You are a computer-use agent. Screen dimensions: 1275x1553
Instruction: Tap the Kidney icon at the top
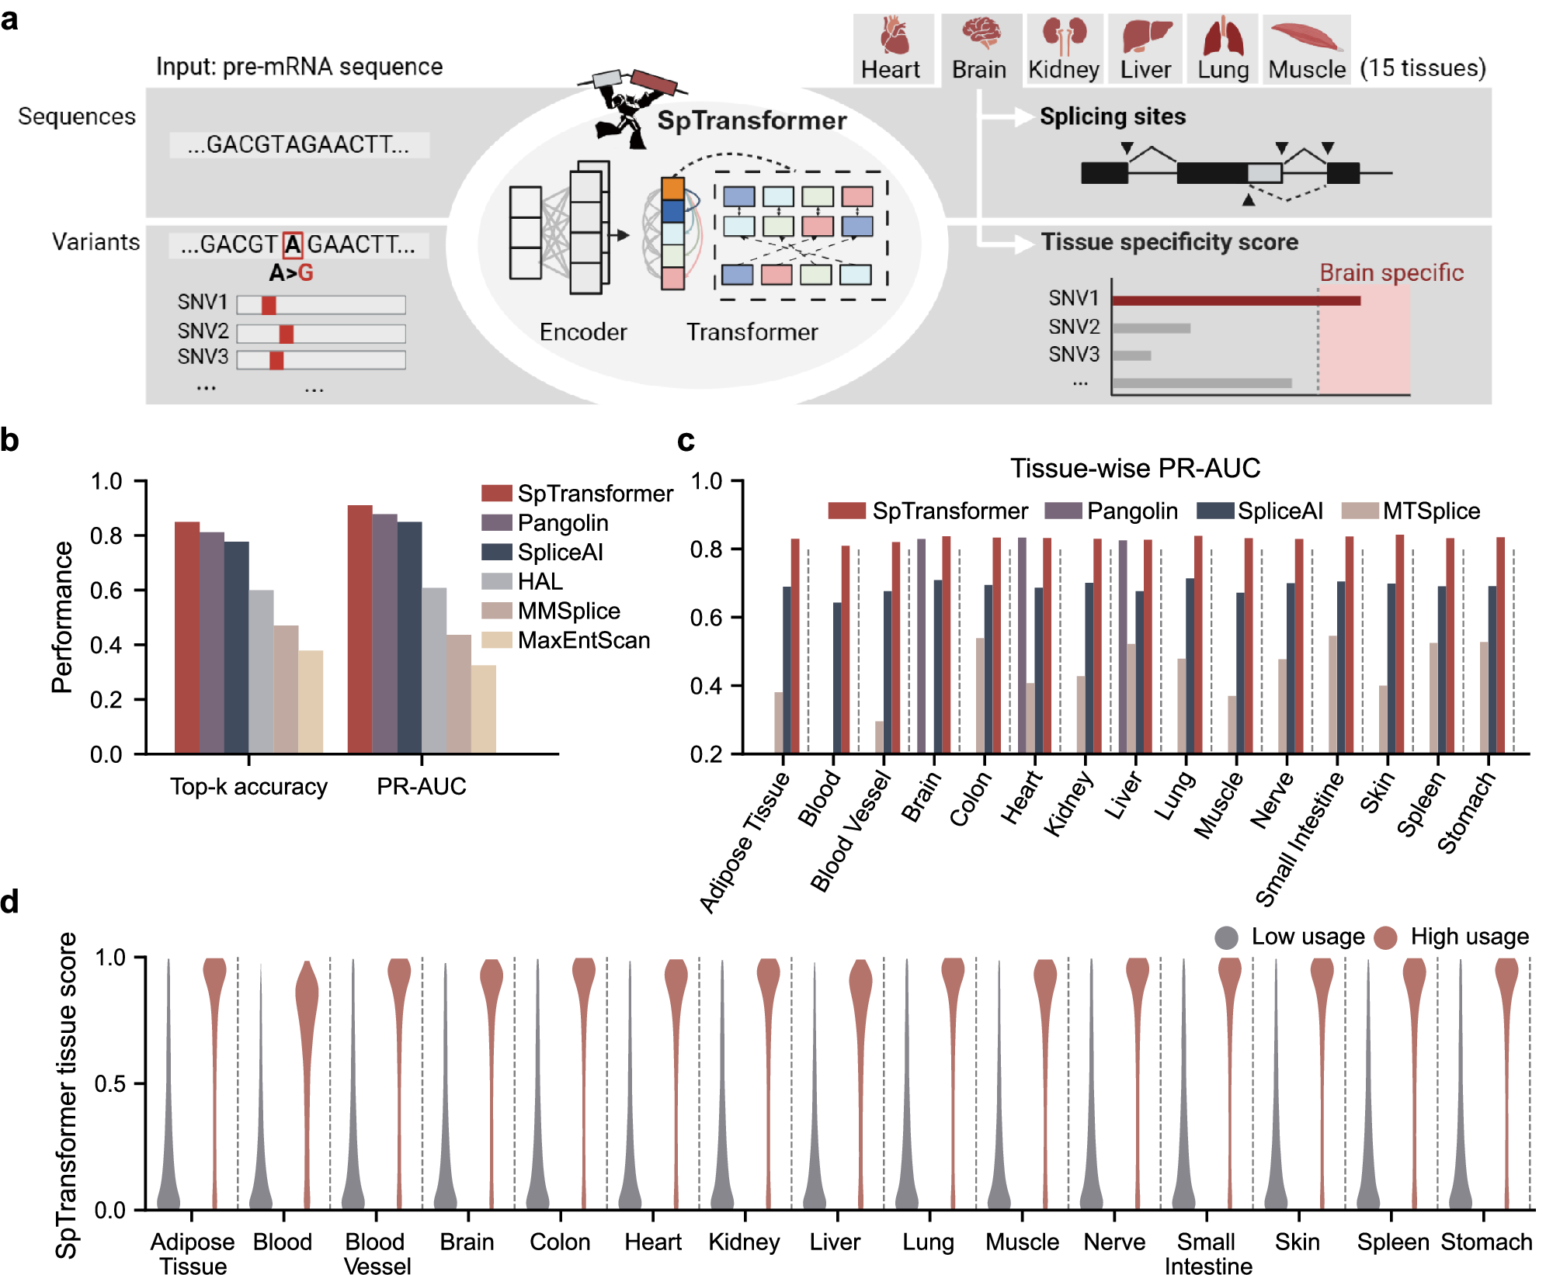pos(1064,35)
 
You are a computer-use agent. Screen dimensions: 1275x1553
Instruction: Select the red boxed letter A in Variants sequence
pos(293,245)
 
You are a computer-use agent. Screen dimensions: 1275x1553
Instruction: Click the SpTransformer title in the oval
pos(752,120)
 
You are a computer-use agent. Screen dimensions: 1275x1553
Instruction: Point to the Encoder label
pos(583,332)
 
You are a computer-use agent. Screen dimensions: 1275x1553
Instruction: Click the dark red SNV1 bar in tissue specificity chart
pos(1235,300)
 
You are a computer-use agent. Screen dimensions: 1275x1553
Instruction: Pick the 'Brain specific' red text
pos(1391,272)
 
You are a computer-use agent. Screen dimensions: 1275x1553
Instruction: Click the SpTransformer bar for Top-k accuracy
pos(187,636)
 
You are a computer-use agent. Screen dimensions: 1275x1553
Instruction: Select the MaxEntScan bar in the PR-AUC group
pos(483,709)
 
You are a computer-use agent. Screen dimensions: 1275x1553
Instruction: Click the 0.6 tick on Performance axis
pos(106,591)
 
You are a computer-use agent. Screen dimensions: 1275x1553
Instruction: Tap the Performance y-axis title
pos(62,617)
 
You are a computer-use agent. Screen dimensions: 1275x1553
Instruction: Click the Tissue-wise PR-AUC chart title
pos(1134,468)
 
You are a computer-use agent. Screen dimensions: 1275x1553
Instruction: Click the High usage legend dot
pos(1385,937)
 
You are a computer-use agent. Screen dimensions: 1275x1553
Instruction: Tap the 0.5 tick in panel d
pos(109,1083)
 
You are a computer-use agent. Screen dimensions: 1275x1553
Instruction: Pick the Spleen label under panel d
pos(1392,1242)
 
